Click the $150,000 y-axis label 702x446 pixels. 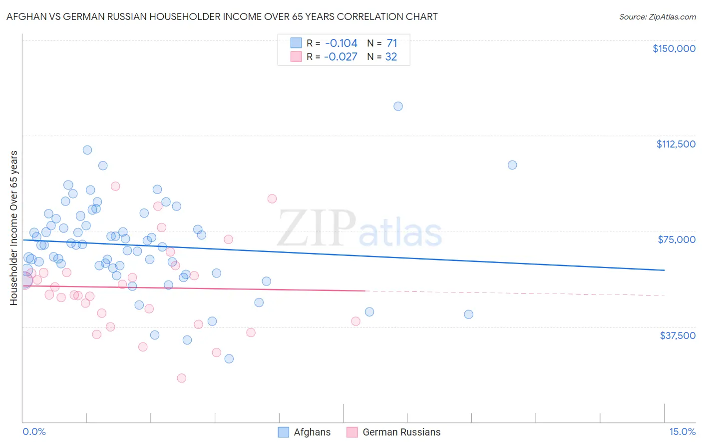(674, 48)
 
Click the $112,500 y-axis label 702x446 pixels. (676, 144)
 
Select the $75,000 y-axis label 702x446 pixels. (677, 239)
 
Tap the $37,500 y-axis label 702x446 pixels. (678, 335)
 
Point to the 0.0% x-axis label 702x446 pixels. (34, 432)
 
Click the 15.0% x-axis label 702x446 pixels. (682, 432)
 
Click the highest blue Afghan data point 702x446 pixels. (398, 106)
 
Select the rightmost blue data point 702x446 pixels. (512, 165)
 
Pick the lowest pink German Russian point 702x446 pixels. (182, 378)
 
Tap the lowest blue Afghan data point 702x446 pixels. (229, 358)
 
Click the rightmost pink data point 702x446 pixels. (356, 321)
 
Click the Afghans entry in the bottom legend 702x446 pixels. (312, 432)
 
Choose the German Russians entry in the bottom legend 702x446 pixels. (401, 432)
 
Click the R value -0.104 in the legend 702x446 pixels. (341, 43)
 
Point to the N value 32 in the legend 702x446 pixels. (391, 57)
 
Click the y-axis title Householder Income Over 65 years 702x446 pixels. (14, 228)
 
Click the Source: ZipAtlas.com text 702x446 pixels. (657, 17)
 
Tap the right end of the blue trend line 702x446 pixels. (664, 270)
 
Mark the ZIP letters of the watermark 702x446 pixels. (317, 228)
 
